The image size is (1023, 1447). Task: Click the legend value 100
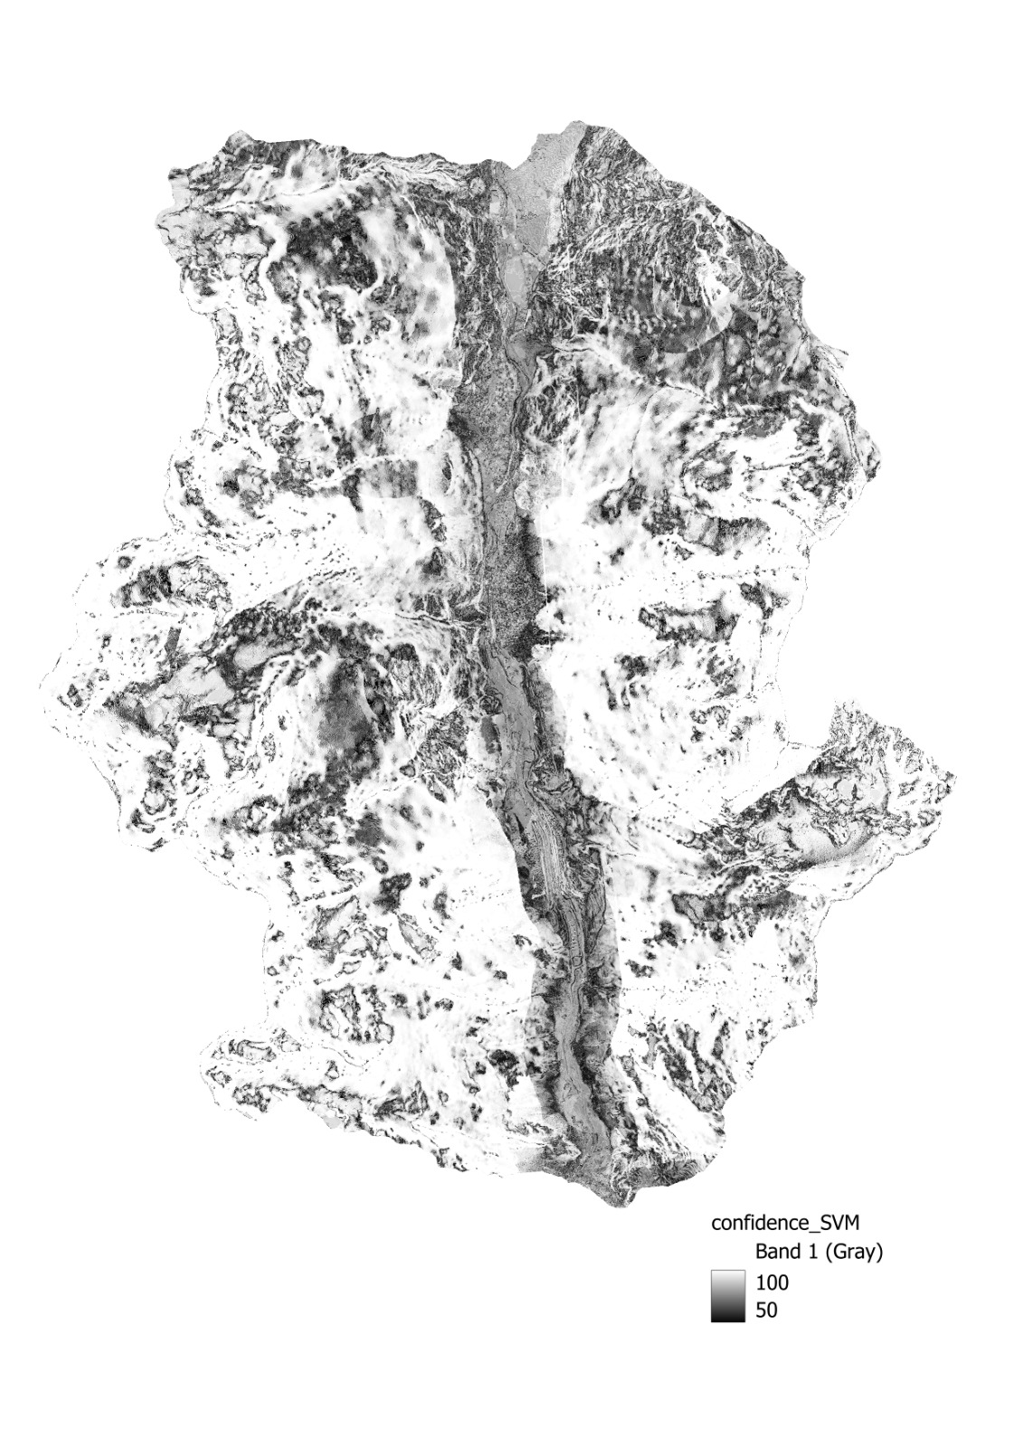(x=772, y=1282)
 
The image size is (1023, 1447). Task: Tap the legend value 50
(x=766, y=1310)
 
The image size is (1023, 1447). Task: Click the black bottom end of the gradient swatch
(x=727, y=1318)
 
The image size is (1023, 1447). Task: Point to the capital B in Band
(x=762, y=1253)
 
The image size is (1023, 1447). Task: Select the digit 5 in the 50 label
(x=761, y=1310)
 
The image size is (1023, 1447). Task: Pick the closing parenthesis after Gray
(x=879, y=1253)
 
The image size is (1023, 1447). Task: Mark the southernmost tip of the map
(x=620, y=1206)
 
